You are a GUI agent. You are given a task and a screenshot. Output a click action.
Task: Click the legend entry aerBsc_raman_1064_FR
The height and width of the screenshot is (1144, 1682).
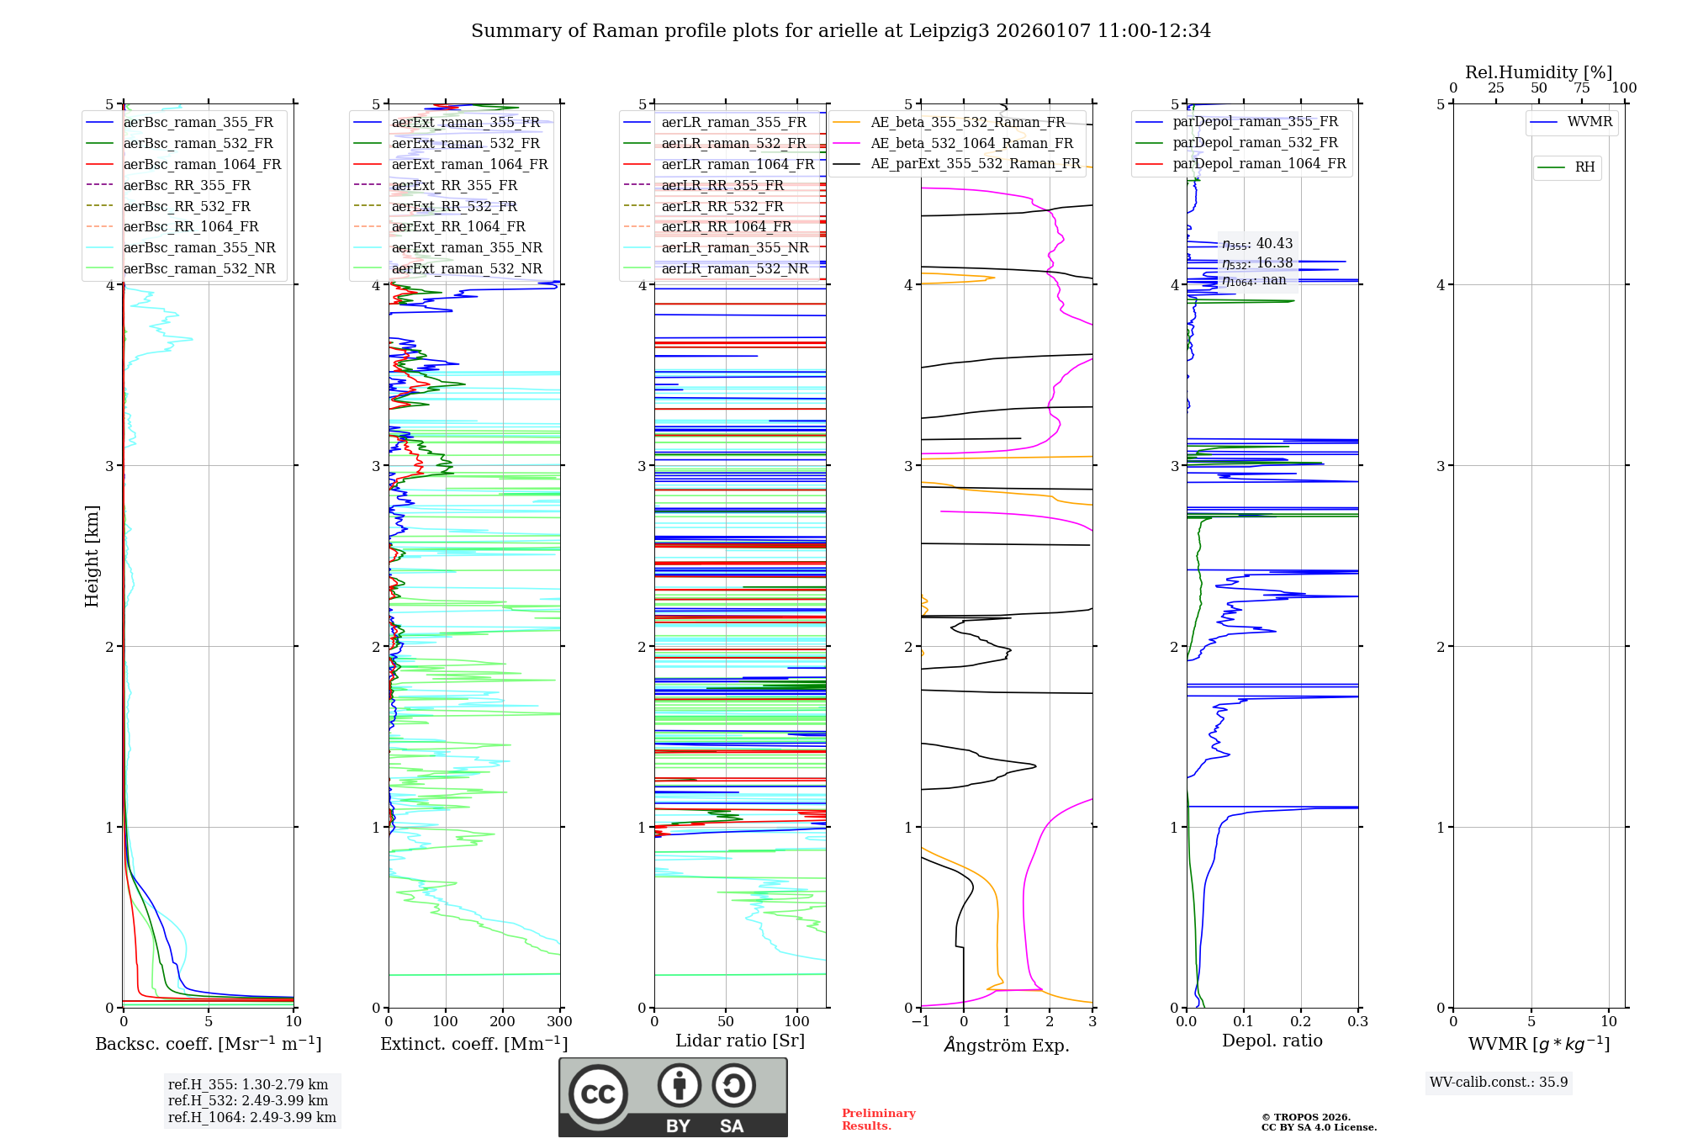[x=202, y=164]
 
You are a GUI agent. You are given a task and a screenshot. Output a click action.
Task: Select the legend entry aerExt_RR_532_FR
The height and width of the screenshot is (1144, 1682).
[x=454, y=206]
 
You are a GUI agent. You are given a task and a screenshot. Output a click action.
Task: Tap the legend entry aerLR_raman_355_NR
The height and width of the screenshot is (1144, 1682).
[x=734, y=247]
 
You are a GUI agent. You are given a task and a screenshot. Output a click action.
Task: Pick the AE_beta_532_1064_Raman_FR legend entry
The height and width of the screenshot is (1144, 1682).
[x=971, y=143]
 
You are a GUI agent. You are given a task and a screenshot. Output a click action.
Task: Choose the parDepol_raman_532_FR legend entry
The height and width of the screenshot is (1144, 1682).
[x=1255, y=143]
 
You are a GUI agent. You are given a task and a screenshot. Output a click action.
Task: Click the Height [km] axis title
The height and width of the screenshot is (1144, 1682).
[x=92, y=556]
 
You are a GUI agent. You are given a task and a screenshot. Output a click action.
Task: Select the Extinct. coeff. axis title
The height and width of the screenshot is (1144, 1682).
[x=473, y=1044]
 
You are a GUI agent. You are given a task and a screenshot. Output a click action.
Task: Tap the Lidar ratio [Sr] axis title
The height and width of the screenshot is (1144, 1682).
[x=740, y=1041]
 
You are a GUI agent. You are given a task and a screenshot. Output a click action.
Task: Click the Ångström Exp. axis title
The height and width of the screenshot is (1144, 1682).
[x=1007, y=1045]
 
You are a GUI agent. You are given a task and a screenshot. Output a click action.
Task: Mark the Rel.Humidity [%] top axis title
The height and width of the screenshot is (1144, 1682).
[x=1538, y=72]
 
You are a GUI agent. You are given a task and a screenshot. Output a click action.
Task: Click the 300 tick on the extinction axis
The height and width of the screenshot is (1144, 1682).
[x=559, y=1022]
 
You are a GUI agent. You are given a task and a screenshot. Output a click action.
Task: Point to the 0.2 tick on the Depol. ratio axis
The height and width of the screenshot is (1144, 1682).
[x=1301, y=1022]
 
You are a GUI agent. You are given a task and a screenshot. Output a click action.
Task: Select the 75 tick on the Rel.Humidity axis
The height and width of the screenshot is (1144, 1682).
[x=1581, y=88]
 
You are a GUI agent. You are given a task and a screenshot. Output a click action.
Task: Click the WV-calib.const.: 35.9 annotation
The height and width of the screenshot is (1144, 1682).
[x=1499, y=1082]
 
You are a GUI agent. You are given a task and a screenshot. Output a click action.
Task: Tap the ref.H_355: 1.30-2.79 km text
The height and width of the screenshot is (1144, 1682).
[x=248, y=1084]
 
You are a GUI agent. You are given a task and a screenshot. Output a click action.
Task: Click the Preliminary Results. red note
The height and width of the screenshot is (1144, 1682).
[x=878, y=1120]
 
